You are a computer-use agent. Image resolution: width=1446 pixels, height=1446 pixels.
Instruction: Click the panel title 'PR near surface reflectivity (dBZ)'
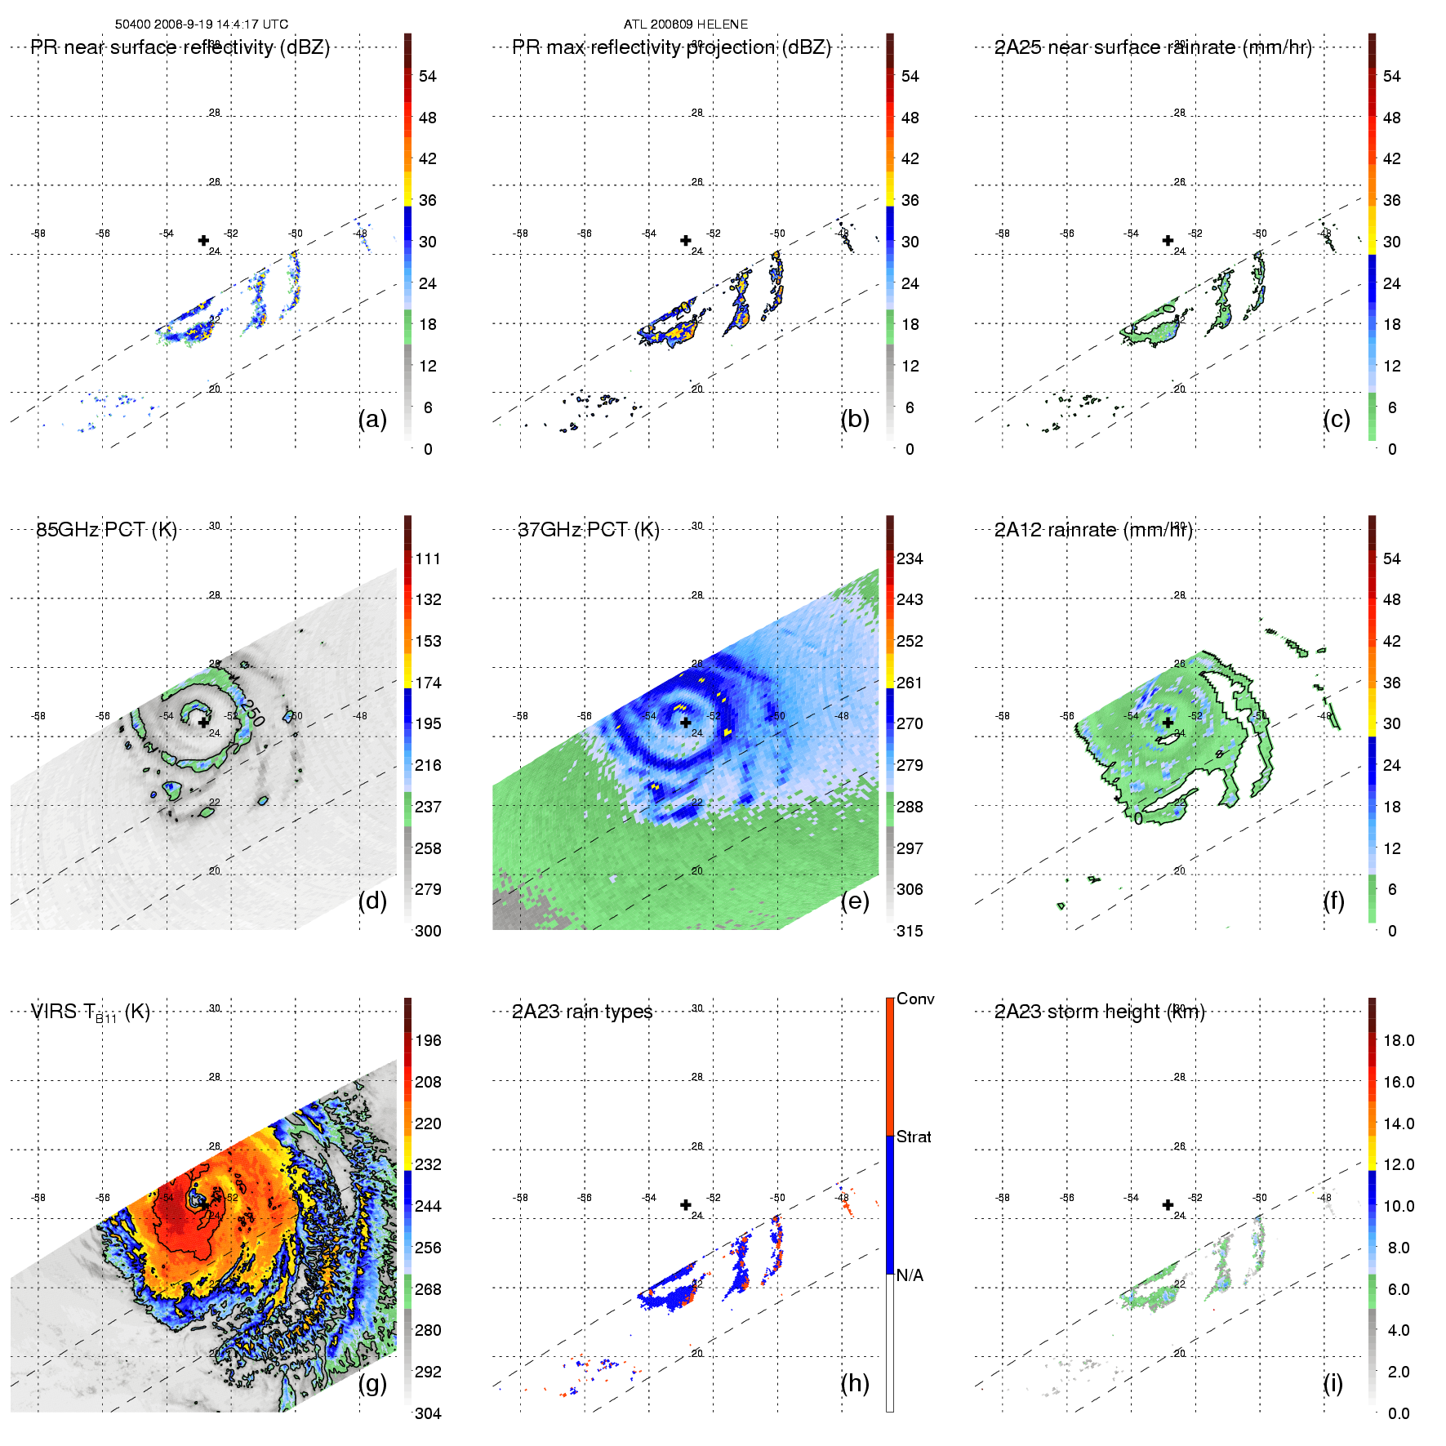180,47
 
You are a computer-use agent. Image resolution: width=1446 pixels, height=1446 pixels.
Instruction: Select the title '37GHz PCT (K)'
588,530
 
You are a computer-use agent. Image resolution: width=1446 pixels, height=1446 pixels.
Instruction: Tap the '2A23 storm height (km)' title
1099,1012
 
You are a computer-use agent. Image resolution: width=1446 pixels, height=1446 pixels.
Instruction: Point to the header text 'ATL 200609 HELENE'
686,24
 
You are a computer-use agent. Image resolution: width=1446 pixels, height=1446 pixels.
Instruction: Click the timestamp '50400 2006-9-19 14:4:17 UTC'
202,24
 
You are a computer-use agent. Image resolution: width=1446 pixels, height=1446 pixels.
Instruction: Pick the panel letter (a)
372,419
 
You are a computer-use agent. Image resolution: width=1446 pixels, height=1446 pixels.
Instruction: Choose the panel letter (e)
855,901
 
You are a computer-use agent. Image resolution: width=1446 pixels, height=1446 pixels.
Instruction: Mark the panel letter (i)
1333,1383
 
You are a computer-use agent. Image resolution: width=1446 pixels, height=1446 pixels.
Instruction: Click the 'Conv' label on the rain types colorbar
915,999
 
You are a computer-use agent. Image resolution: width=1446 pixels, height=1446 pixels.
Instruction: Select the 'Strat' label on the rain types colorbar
914,1137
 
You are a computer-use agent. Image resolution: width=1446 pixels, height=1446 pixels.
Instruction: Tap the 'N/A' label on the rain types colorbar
910,1275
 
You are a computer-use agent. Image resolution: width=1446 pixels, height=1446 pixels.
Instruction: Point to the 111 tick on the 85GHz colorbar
428,558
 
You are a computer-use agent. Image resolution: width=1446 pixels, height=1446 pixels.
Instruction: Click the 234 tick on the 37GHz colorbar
910,558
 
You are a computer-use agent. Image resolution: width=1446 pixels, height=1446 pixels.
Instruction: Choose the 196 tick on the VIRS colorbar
428,1040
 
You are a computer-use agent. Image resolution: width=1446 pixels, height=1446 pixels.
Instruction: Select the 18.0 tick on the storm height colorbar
1399,1040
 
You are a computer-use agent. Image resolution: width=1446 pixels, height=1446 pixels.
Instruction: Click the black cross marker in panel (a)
203,240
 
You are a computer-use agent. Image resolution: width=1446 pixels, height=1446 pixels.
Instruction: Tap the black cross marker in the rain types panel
686,1204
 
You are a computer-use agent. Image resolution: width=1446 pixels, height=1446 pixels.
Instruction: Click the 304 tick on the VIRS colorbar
428,1413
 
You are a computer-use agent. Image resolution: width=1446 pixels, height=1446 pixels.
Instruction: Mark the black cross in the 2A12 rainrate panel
1168,722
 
